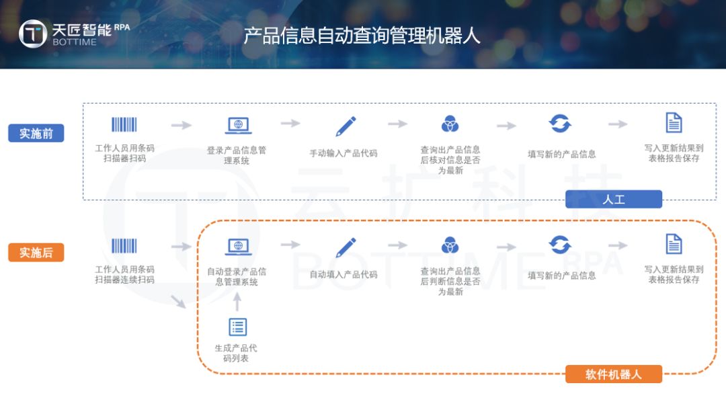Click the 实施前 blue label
pos(36,133)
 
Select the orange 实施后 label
pos(36,253)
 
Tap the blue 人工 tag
pos(613,199)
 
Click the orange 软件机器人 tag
pos(613,374)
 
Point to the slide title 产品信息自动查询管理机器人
pos(362,35)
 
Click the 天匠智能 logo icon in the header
pos(33,34)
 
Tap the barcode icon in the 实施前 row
pos(124,125)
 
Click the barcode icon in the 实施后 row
pos(124,246)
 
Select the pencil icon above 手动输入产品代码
pos(346,126)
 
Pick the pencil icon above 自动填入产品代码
pos(346,247)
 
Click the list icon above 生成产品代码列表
pos(238,327)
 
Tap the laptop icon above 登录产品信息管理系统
pos(238,126)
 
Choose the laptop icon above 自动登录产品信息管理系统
pos(238,247)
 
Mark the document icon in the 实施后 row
pos(674,244)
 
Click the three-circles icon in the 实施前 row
pos(450,124)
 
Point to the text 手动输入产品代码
pos(343,153)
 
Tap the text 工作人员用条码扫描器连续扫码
pos(124,275)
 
